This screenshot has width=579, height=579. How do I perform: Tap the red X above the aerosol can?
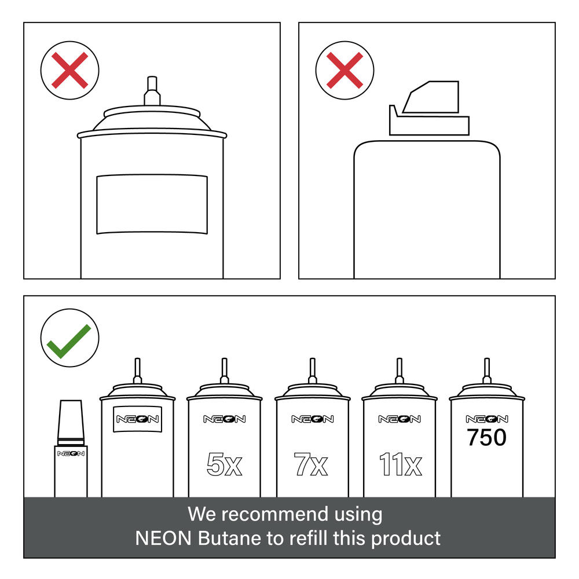pos(70,70)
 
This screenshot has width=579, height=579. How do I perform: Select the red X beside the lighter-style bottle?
pos(345,70)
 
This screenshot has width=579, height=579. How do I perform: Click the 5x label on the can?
pos(224,464)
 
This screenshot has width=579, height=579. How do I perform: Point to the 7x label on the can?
pos(311,464)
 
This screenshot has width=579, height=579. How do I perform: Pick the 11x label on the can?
pos(400,464)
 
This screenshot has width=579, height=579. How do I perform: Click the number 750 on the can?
pos(486,437)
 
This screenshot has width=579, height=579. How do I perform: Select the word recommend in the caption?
pos(274,514)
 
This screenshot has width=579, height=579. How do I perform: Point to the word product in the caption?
pos(405,539)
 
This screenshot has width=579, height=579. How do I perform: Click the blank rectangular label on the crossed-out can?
pos(152,204)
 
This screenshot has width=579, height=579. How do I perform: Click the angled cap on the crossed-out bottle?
pos(429,108)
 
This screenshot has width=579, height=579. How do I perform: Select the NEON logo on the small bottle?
pos(71,453)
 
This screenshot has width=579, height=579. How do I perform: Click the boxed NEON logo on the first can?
pos(137,419)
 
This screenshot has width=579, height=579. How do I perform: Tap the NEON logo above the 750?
pos(487,419)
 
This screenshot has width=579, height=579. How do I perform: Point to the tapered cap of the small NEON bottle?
pos(71,420)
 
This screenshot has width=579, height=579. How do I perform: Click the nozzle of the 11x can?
pos(399,371)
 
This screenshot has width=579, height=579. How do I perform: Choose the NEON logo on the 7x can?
pos(313,419)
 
